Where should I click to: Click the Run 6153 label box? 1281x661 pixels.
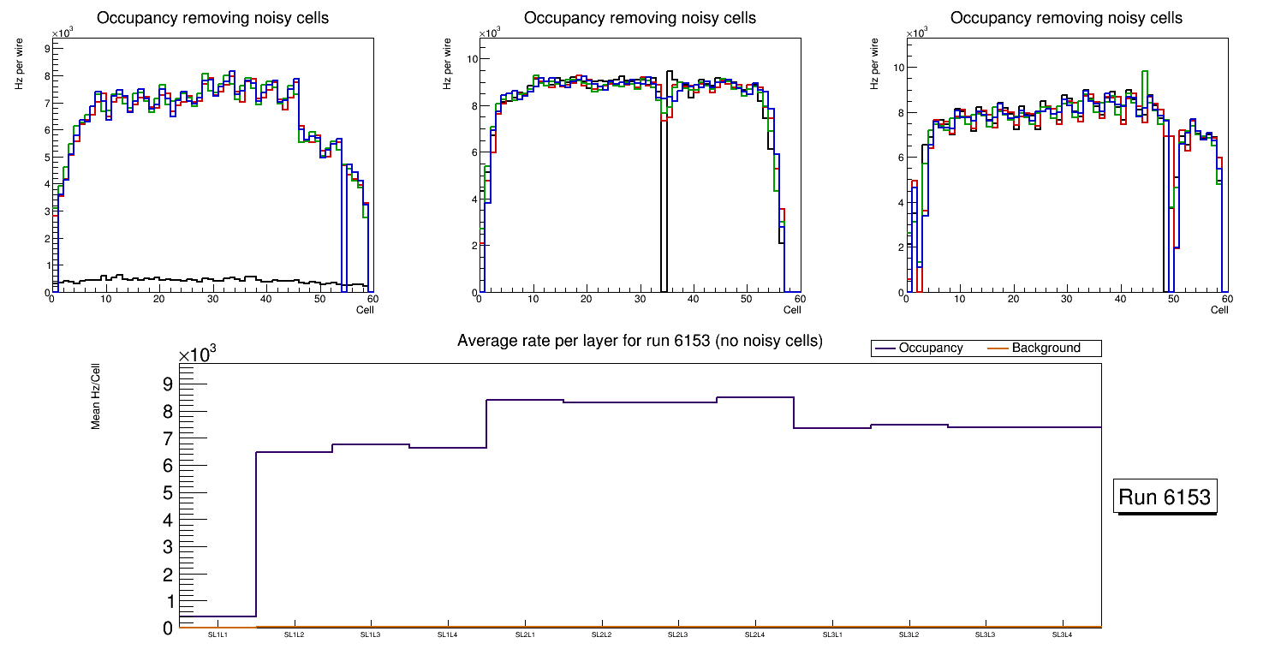(x=1165, y=497)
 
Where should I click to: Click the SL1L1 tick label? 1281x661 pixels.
(x=217, y=634)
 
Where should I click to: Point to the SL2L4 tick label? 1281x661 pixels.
(x=754, y=634)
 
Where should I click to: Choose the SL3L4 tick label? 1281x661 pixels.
(x=1063, y=634)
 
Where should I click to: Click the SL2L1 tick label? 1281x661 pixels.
(x=525, y=634)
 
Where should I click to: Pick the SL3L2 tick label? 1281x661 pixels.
(x=909, y=634)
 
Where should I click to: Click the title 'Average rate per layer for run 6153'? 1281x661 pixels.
(x=640, y=341)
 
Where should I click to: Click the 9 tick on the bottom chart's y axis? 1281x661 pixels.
(x=168, y=384)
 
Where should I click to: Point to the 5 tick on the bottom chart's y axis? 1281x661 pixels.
(x=168, y=492)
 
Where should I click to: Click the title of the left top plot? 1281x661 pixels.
(x=212, y=18)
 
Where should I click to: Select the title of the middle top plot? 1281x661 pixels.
(x=640, y=18)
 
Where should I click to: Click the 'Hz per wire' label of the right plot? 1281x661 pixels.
(x=875, y=66)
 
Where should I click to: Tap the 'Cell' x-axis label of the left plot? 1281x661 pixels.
(x=365, y=309)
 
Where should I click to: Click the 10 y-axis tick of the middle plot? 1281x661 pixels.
(x=471, y=59)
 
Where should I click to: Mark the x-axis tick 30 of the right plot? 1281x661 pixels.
(x=1066, y=299)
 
